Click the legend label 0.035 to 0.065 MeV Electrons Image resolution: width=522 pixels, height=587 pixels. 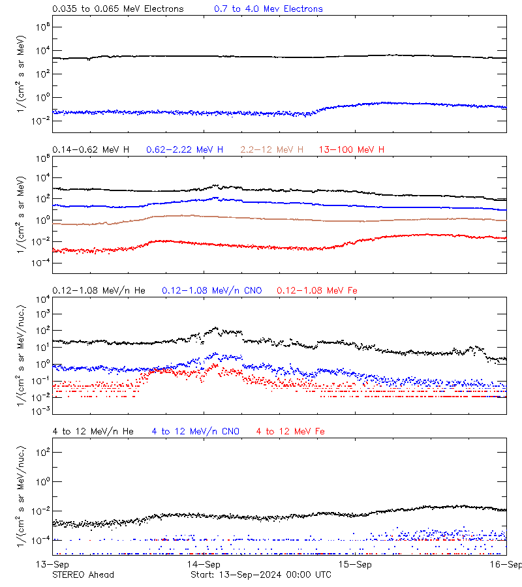tap(117, 9)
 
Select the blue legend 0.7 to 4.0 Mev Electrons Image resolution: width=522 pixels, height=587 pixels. tap(268, 9)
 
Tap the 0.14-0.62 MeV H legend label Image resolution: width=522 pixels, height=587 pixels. tap(90, 150)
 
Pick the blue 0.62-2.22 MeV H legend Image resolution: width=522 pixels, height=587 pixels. tap(185, 150)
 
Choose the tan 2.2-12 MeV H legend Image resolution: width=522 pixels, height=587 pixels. tap(272, 150)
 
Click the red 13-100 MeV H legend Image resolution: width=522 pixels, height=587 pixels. tap(352, 150)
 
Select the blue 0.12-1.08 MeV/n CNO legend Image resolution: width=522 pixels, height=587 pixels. tap(212, 290)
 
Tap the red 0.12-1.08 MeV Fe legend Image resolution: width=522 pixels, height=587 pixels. tap(317, 290)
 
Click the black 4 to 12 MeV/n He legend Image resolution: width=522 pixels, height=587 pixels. tap(93, 431)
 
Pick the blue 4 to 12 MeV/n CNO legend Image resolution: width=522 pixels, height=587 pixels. tap(196, 431)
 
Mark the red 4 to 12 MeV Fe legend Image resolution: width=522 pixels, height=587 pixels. tap(290, 431)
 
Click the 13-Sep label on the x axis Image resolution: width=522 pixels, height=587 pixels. tap(52, 564)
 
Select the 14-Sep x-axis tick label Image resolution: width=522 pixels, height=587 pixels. tap(204, 564)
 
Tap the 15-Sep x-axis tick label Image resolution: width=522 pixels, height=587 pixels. tap(355, 564)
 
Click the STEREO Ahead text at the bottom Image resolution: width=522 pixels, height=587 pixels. tap(83, 575)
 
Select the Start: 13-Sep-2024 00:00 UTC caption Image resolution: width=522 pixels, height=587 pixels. tap(260, 575)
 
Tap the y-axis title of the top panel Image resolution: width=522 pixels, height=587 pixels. tap(22, 74)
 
